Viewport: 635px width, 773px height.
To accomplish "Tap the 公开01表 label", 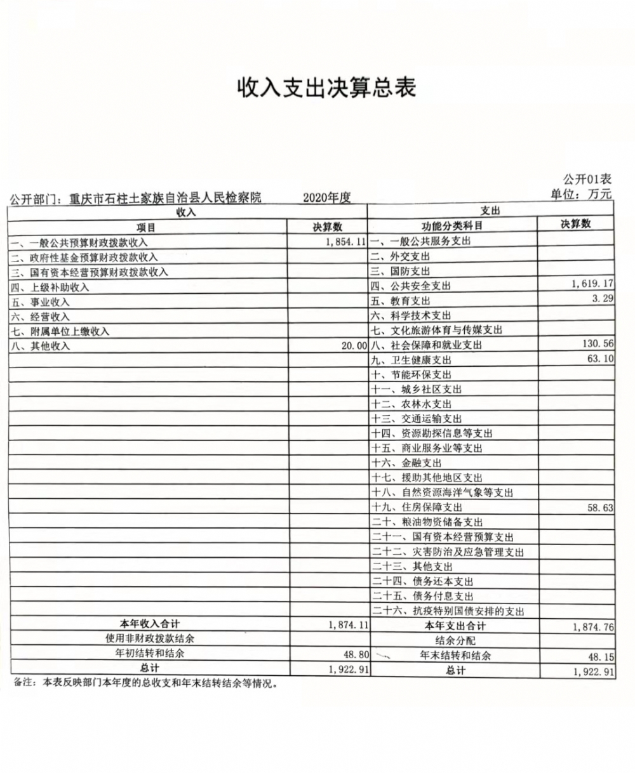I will pos(587,180).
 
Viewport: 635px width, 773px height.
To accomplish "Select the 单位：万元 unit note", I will pos(581,194).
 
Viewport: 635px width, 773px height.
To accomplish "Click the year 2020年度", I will pos(327,197).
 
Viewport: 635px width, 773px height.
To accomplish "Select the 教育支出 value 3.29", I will pos(603,298).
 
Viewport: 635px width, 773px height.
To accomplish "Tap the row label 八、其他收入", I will pos(40,346).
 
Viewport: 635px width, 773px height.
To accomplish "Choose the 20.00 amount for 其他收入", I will pos(354,346).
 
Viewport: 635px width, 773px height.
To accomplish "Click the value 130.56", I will pos(598,343).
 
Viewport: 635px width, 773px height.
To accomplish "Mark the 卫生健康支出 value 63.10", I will pos(600,359).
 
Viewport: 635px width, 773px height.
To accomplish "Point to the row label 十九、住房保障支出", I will pos(417,507).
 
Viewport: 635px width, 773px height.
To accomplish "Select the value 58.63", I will pos(600,508).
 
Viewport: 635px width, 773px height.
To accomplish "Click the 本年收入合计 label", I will pos(150,624).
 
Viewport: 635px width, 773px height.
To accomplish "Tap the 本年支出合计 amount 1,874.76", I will pos(592,627).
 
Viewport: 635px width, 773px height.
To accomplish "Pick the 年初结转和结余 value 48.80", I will pos(354,654).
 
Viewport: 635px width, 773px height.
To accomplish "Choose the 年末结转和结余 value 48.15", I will pos(600,657).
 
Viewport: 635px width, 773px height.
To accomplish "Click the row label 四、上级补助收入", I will pos(50,287).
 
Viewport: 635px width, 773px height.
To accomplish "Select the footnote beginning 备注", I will pos(145,684).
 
